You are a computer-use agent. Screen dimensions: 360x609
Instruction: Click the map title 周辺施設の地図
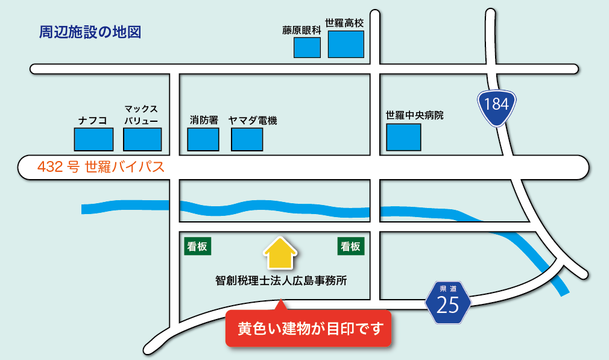[x=90, y=33]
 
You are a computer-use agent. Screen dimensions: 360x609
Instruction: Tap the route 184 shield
[x=496, y=105]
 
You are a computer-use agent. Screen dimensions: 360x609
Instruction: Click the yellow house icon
[x=280, y=253]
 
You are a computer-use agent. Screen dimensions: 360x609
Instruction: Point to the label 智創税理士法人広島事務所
[x=281, y=280]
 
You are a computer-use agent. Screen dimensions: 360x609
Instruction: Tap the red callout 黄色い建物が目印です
[x=308, y=329]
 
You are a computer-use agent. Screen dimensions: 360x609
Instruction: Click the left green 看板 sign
[x=198, y=246]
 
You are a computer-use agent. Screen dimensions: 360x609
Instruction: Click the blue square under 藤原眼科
[x=307, y=48]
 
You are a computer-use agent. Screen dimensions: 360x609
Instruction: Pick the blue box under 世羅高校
[x=346, y=44]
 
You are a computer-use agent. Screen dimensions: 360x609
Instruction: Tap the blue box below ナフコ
[x=93, y=140]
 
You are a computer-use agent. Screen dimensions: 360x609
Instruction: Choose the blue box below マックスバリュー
[x=142, y=140]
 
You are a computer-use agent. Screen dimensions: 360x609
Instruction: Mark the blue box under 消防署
[x=203, y=140]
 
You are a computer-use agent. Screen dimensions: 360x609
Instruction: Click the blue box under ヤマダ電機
[x=247, y=140]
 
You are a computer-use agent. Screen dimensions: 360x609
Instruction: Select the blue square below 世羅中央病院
[x=403, y=137]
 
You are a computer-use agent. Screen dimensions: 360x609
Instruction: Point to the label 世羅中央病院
[x=414, y=115]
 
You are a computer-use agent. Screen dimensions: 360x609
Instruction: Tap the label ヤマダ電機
[x=253, y=121]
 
